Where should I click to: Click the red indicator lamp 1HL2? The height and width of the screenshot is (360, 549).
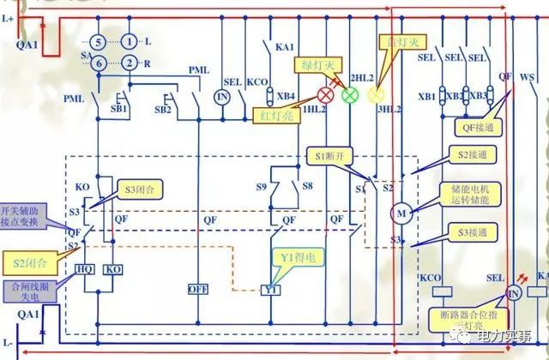[x=326, y=94]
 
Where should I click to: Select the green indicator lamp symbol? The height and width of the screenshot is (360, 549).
[x=350, y=95]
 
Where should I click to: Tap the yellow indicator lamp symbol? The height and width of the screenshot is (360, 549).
[x=375, y=95]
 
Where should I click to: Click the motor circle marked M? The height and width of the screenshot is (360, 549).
[x=401, y=213]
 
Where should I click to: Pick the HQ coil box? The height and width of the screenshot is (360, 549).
[x=86, y=268]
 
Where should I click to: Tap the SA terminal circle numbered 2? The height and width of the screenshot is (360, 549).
[x=130, y=62]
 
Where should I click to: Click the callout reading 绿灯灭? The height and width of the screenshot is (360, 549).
[x=319, y=64]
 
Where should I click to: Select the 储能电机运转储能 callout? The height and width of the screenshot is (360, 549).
[x=469, y=195]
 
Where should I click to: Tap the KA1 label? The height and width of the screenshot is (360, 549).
[x=284, y=48]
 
